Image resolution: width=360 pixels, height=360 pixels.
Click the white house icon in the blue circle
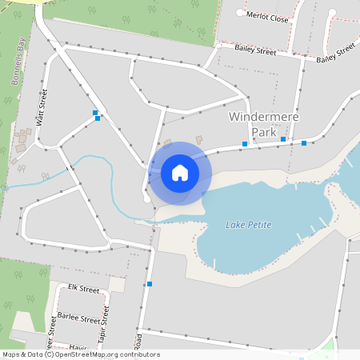180,172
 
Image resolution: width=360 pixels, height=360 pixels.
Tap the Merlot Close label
268,15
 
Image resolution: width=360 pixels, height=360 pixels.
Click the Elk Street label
82,288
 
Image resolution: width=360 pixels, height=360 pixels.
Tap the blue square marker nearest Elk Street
149,284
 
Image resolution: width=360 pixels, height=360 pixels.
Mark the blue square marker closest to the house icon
245,145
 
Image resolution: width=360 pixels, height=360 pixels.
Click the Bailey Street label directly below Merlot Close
255,50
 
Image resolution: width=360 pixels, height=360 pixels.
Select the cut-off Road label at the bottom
138,342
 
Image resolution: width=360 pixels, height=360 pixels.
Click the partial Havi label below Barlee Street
78,346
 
